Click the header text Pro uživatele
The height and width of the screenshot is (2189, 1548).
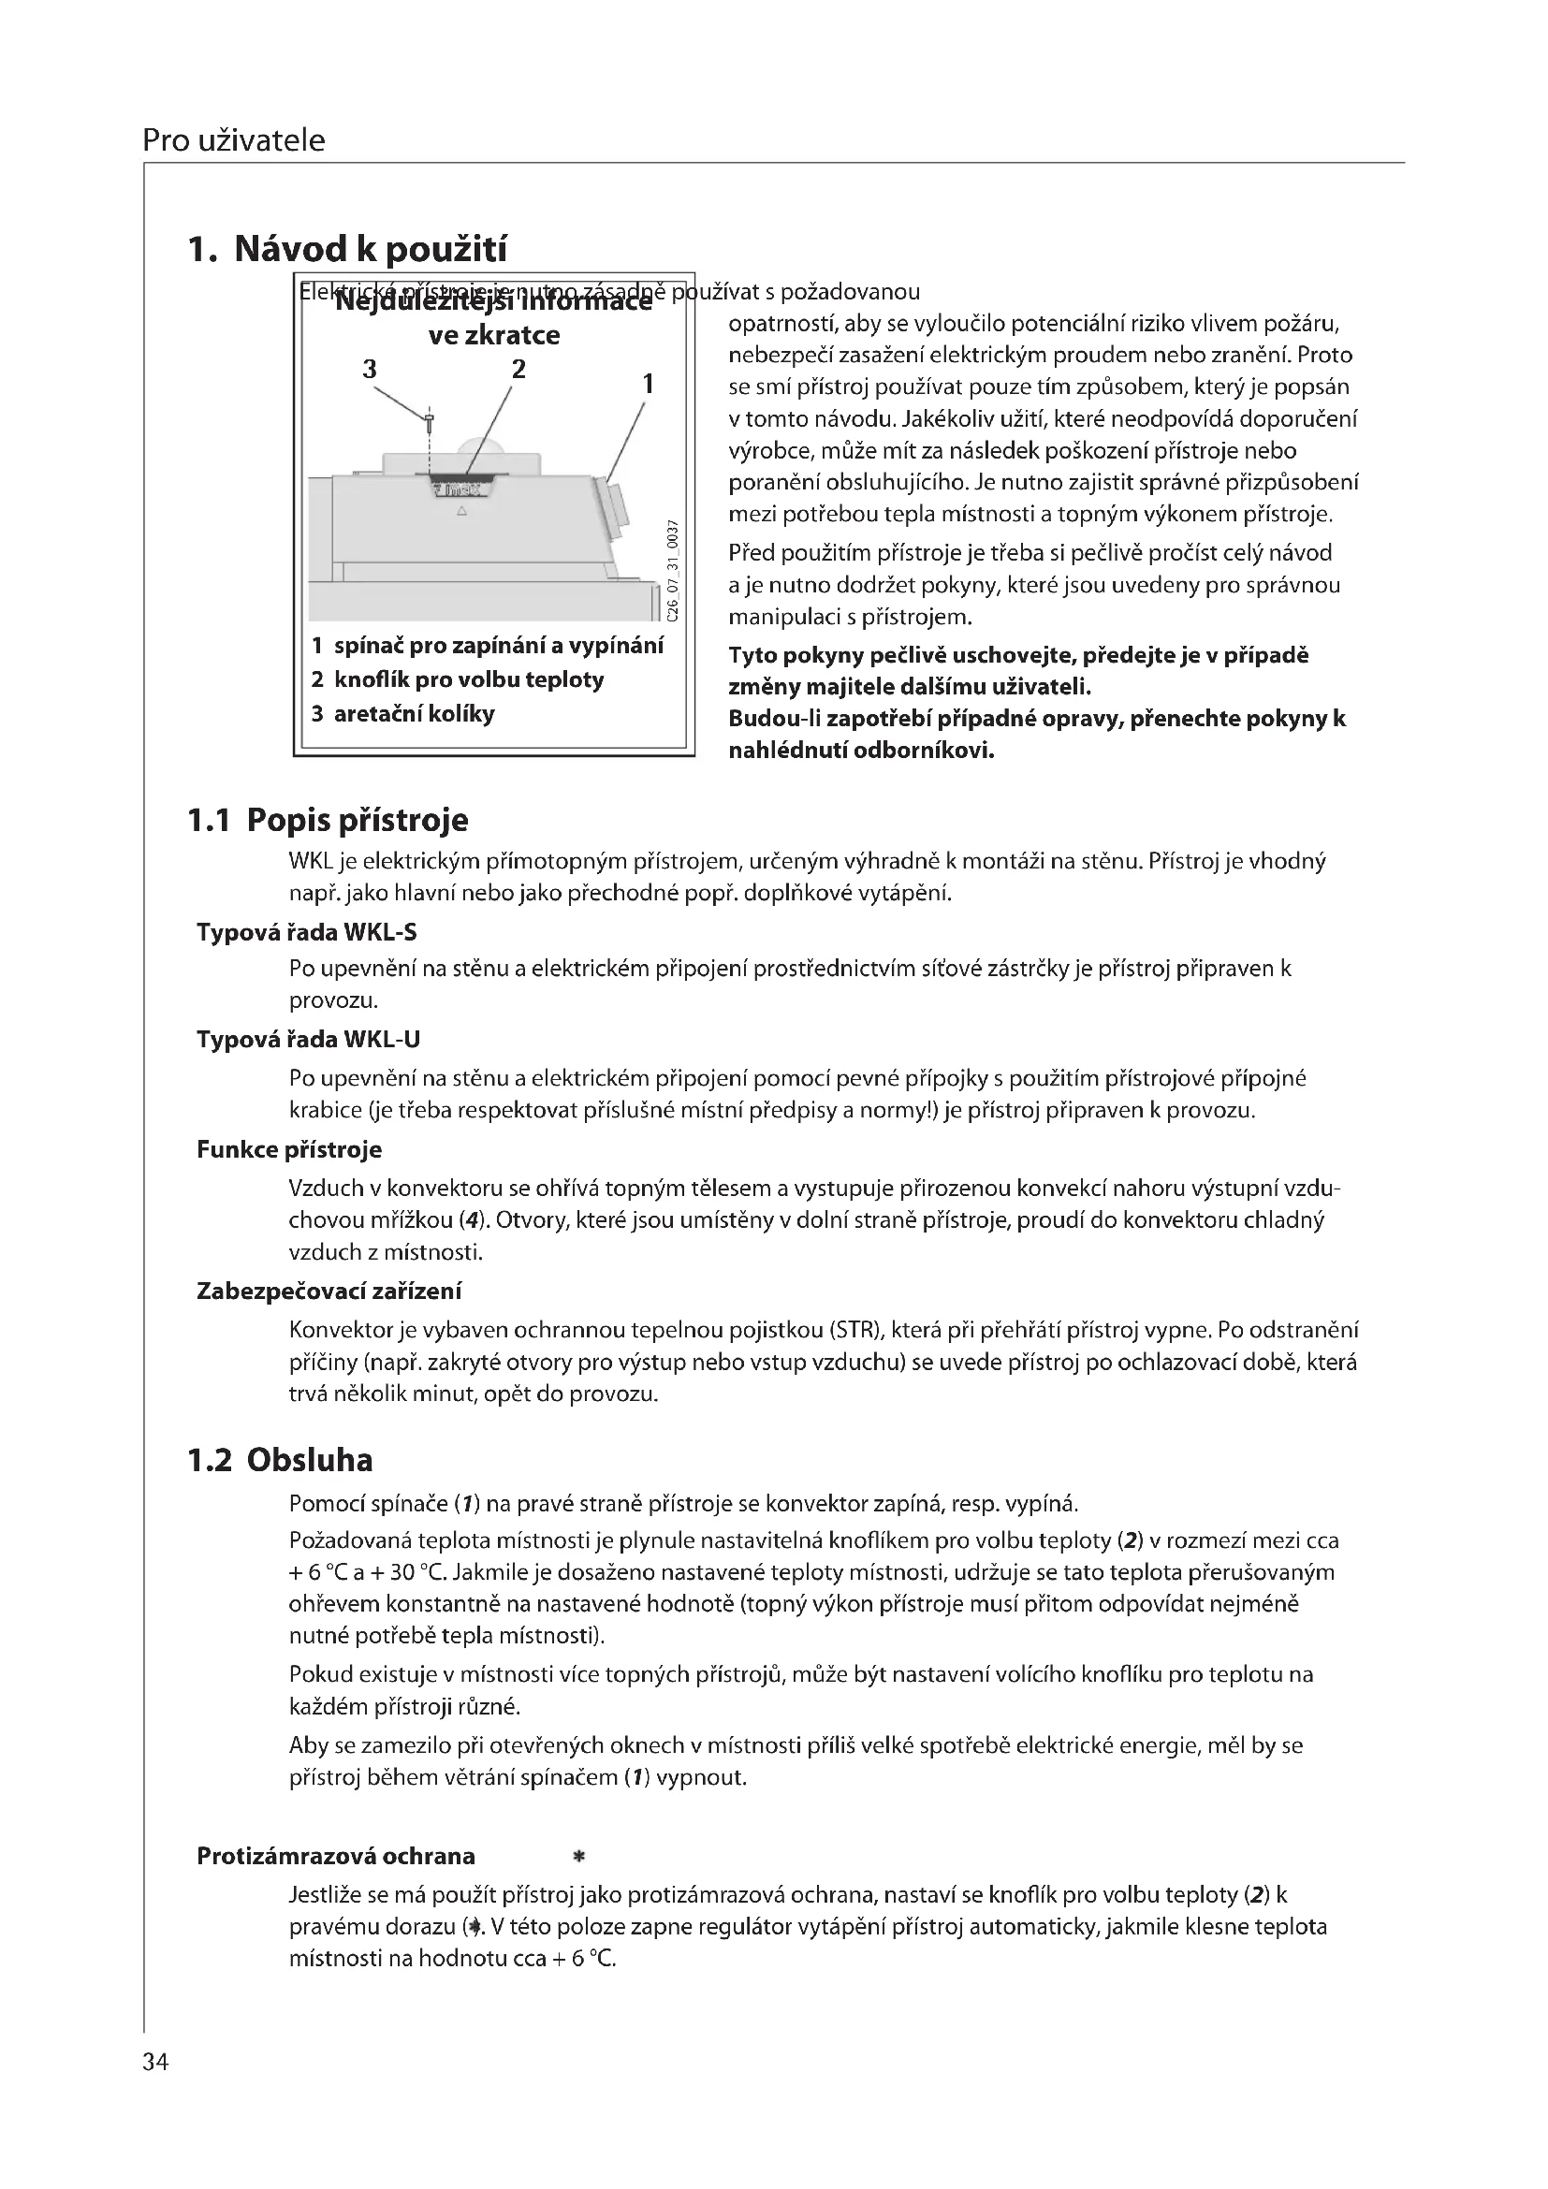[x=234, y=141]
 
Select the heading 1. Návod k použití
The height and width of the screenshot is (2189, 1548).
[x=348, y=250]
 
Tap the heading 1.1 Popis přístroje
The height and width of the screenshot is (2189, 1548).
[x=328, y=820]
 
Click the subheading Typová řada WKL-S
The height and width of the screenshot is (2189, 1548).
[x=307, y=931]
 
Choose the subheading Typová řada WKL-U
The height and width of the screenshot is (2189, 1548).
[x=308, y=1039]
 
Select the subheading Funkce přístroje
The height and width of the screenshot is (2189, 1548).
[x=289, y=1149]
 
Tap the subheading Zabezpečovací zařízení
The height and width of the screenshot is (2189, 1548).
[x=329, y=1291]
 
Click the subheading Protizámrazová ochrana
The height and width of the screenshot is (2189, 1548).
[x=336, y=1856]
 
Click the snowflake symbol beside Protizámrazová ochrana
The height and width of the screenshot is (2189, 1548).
[x=577, y=1857]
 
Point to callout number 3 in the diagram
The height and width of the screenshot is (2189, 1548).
[x=370, y=369]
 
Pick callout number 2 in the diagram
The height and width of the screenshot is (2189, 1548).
[x=518, y=369]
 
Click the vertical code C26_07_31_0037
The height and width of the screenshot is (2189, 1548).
[x=672, y=570]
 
